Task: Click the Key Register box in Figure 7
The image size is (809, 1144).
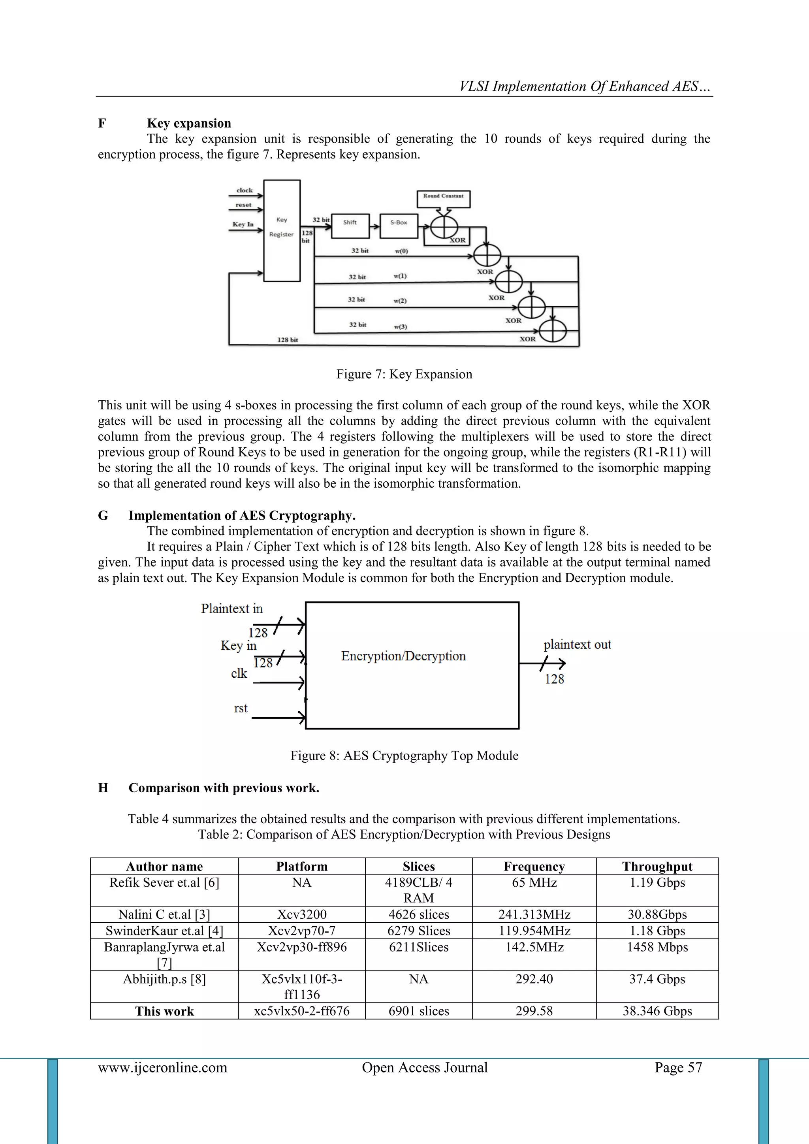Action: pos(282,230)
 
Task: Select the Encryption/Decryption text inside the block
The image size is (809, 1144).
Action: pos(403,656)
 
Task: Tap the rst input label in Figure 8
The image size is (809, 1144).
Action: pos(241,708)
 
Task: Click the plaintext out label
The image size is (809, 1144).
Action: pos(577,645)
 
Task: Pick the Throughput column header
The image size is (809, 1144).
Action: pos(657,867)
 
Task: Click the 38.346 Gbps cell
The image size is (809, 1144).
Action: pos(657,1011)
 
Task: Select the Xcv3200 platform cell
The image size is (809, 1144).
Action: pos(302,914)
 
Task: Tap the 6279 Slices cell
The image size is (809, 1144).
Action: pos(418,931)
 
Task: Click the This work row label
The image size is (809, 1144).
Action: pos(164,1011)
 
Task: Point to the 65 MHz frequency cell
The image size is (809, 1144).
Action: pos(534,882)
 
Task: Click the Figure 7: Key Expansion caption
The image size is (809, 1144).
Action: pos(404,374)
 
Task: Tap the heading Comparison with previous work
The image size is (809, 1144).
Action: pos(224,788)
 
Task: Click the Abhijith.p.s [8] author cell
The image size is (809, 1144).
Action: pos(164,979)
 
